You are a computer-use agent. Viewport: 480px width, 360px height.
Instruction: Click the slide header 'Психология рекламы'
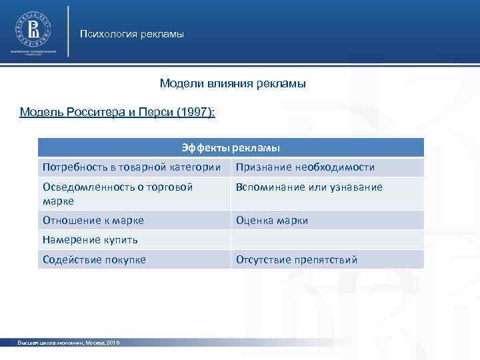pyautogui.click(x=131, y=34)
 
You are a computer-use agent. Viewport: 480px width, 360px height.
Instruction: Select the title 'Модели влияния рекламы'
pyautogui.click(x=233, y=84)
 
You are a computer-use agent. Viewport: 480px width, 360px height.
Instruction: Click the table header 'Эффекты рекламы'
pyautogui.click(x=231, y=147)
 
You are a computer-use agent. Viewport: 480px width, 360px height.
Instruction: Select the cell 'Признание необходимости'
pyautogui.click(x=305, y=167)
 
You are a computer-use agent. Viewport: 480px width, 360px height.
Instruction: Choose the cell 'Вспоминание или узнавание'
pyautogui.click(x=309, y=187)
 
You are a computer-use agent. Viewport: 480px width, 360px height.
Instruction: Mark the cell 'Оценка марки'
pyautogui.click(x=272, y=220)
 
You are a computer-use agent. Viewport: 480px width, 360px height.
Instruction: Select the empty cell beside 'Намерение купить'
pyautogui.click(x=327, y=240)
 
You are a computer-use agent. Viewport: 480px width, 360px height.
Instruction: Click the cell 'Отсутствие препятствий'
pyautogui.click(x=297, y=259)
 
